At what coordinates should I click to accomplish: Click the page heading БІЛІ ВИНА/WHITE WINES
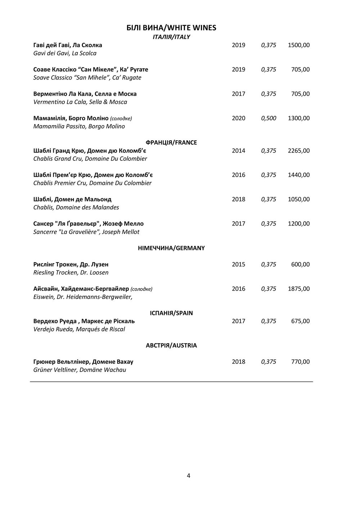[171, 28]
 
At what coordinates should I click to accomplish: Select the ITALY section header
[171, 37]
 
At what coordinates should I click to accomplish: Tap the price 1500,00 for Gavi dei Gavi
[298, 45]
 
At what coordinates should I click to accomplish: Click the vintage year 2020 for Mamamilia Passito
[238, 118]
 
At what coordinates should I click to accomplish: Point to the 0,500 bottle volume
[269, 118]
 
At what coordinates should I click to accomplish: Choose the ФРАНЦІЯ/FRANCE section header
[171, 142]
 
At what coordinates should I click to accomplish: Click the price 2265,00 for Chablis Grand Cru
[298, 151]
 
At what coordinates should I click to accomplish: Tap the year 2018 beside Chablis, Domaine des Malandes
[238, 199]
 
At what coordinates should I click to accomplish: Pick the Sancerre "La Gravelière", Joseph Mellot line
[86, 232]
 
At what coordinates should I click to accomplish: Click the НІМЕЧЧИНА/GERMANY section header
[171, 248]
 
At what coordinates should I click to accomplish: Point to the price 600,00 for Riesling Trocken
[300, 264]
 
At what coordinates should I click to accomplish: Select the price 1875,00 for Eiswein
[298, 289]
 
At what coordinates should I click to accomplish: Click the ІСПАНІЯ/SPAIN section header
[171, 313]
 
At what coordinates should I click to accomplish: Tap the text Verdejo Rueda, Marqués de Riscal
[79, 329]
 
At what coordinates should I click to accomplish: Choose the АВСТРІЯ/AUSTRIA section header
[171, 346]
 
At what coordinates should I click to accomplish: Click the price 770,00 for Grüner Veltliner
[300, 362]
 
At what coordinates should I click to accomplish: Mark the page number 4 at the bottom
[189, 476]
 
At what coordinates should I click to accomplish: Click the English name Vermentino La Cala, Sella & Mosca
[80, 102]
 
